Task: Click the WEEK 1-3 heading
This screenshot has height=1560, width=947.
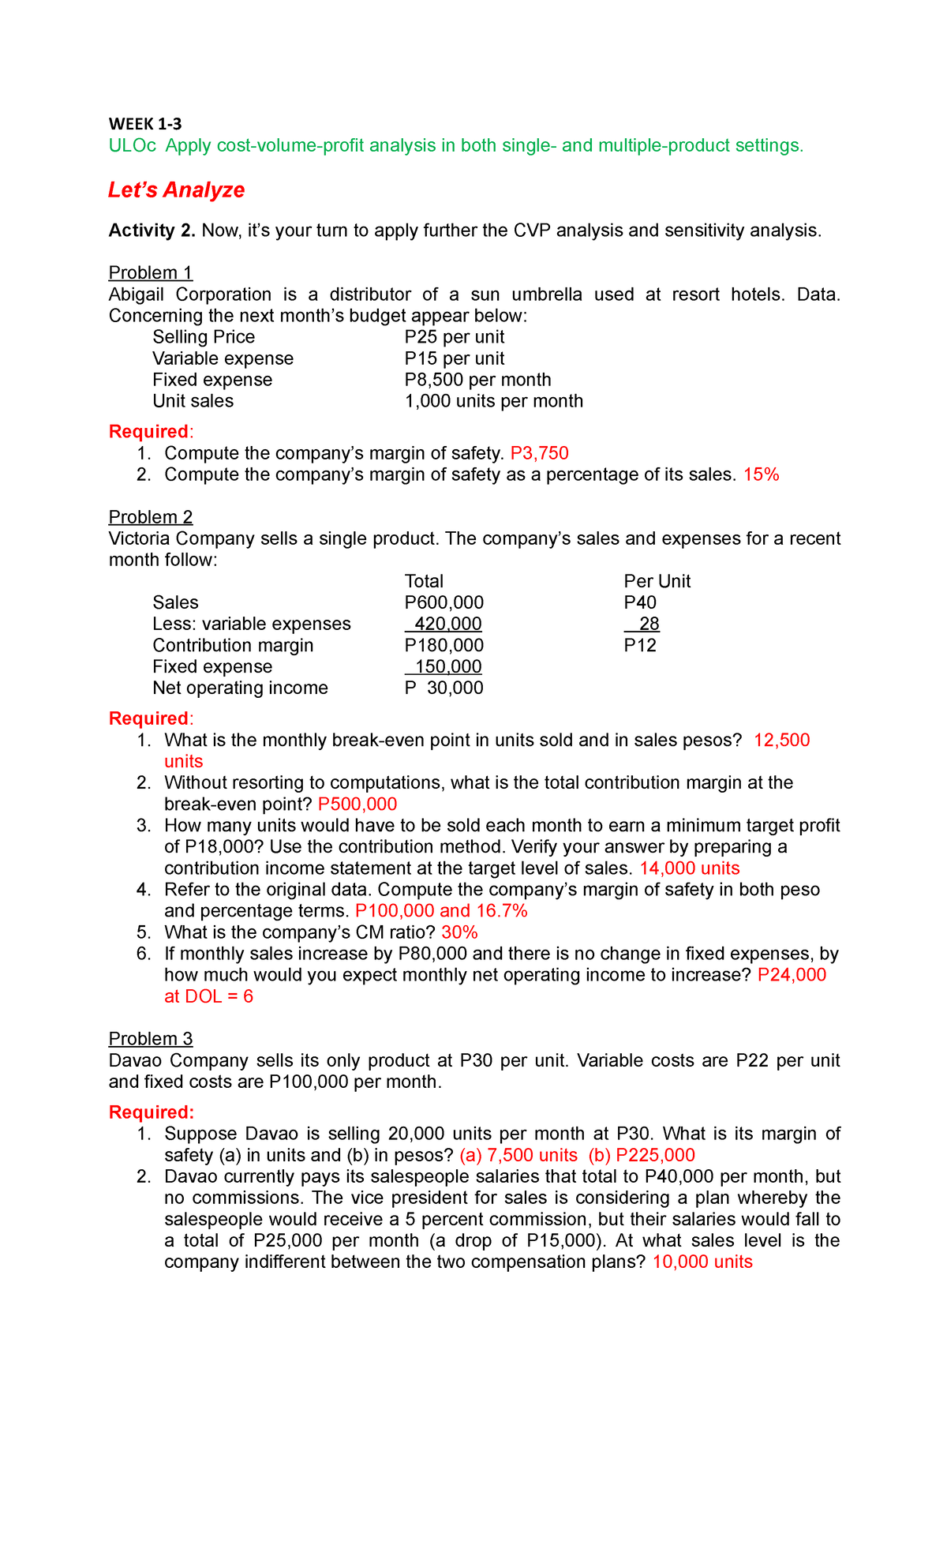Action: pyautogui.click(x=145, y=124)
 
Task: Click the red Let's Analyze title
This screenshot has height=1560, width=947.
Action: pyautogui.click(x=176, y=190)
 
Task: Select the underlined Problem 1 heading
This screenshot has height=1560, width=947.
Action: pyautogui.click(x=150, y=273)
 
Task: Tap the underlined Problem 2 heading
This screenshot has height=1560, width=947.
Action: pyautogui.click(x=150, y=517)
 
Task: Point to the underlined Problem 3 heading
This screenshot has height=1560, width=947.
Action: pyautogui.click(x=150, y=1039)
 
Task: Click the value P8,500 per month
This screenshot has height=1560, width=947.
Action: pyautogui.click(x=477, y=380)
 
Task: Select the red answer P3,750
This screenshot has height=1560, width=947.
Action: pyautogui.click(x=539, y=453)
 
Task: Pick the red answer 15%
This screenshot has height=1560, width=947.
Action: pyautogui.click(x=761, y=474)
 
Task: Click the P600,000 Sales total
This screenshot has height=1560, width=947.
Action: pyautogui.click(x=444, y=602)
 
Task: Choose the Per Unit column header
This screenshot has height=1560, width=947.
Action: pyautogui.click(x=657, y=581)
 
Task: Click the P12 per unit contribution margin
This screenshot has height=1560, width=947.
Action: pyautogui.click(x=640, y=645)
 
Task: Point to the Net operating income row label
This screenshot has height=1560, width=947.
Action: pyautogui.click(x=240, y=688)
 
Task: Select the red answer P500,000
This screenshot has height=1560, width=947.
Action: pyautogui.click(x=357, y=804)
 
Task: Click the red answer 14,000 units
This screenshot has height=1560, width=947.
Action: pyautogui.click(x=689, y=868)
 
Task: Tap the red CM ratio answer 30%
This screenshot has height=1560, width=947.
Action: pyautogui.click(x=459, y=932)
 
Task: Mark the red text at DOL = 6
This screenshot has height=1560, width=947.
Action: pyautogui.click(x=208, y=996)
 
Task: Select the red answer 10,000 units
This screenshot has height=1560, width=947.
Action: pyautogui.click(x=702, y=1262)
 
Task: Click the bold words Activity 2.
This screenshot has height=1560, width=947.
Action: pyautogui.click(x=152, y=231)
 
